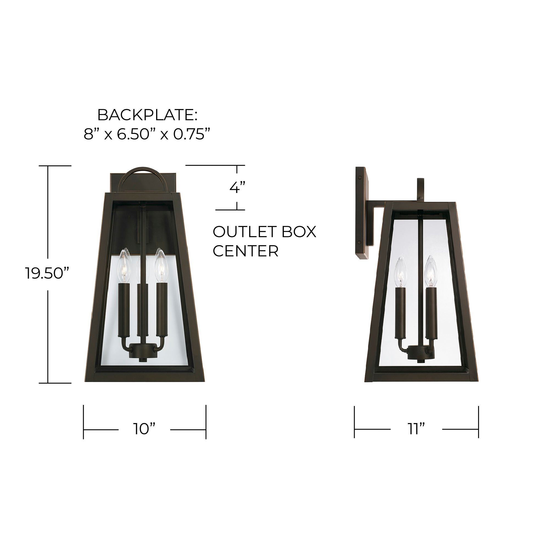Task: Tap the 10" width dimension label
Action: coord(144,429)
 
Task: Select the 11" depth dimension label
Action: coord(416,429)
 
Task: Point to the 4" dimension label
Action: coord(237,187)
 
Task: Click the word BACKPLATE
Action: coord(147,115)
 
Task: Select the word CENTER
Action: coord(245,251)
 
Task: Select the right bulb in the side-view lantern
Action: coord(431,271)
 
